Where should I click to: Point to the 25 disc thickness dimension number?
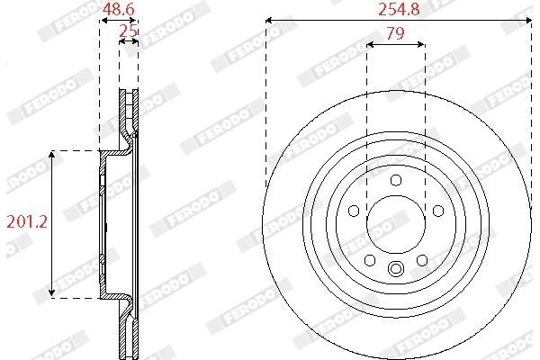point(129,31)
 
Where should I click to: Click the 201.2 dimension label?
point(26,221)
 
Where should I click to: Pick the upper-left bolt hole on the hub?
point(355,211)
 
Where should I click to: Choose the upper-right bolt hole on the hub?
point(438,211)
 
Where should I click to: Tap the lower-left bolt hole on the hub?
point(370,260)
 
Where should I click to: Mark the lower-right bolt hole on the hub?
point(422,260)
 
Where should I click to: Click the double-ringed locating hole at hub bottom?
point(396,268)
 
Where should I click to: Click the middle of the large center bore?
point(396,225)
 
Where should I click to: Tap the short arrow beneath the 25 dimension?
point(129,42)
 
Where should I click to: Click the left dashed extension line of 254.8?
point(267,99)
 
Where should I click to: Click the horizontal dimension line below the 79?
point(396,43)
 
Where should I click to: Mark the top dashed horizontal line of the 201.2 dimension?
point(76,150)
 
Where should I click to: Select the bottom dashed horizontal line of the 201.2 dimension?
point(76,298)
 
